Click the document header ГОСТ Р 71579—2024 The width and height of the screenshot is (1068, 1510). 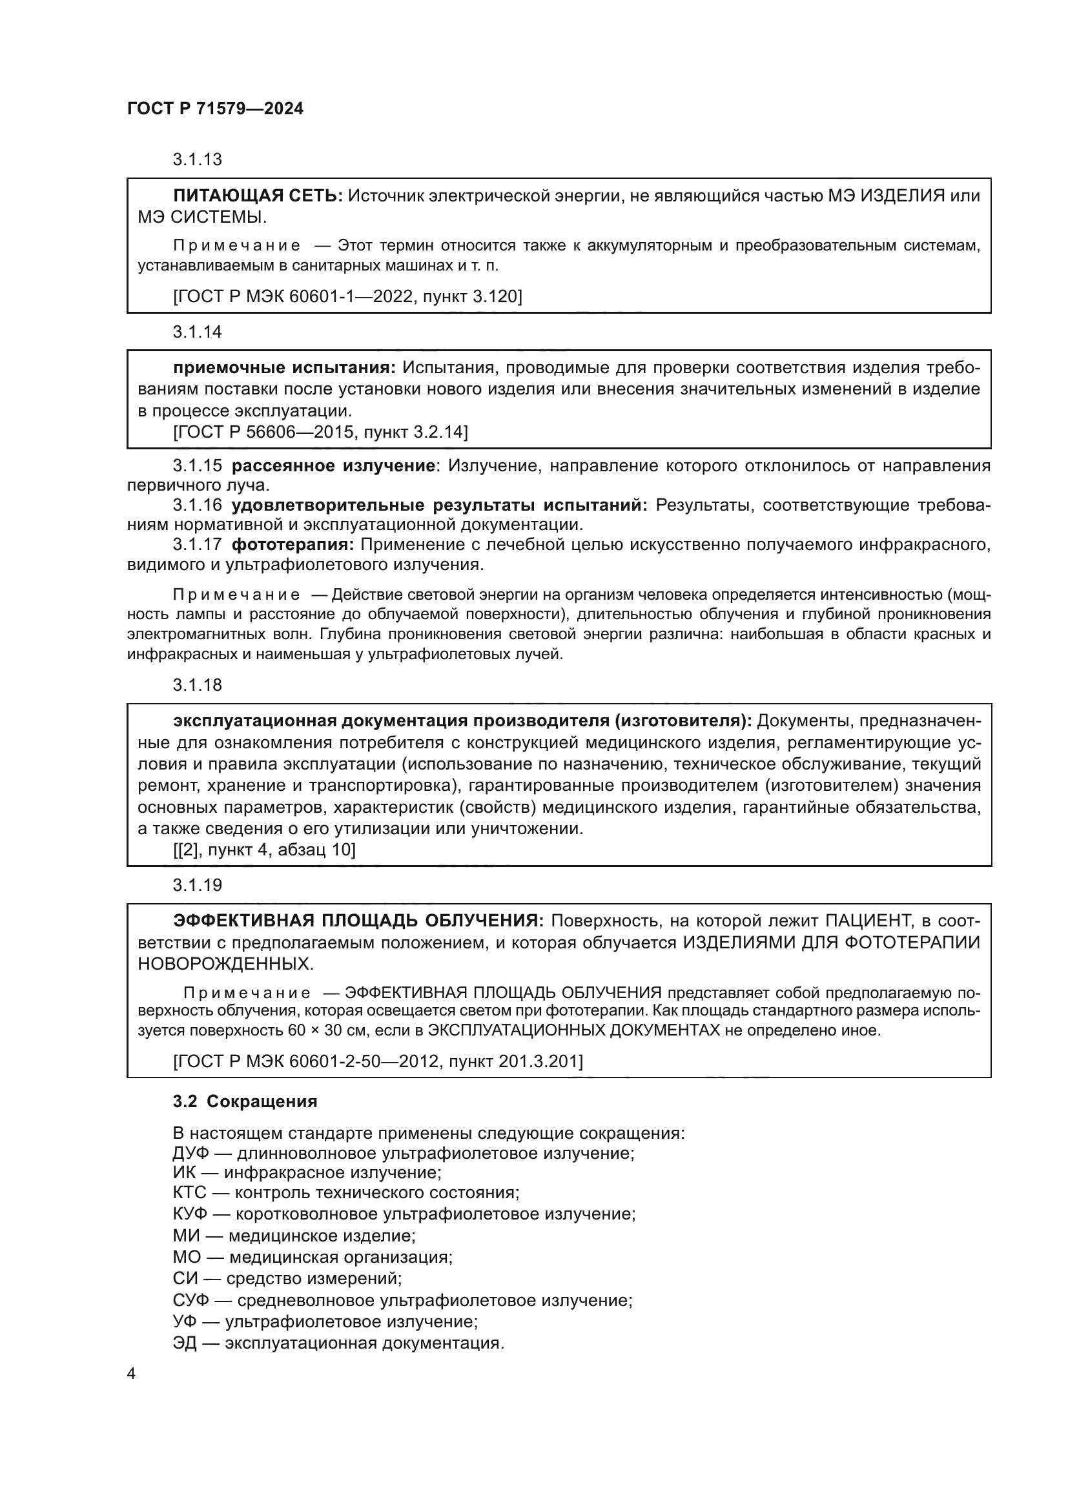215,108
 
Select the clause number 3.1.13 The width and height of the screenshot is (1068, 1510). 198,160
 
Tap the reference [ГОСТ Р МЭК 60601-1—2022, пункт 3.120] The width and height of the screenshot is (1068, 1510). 347,296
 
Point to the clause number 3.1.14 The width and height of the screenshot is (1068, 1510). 198,332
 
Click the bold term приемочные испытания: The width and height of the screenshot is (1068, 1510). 285,367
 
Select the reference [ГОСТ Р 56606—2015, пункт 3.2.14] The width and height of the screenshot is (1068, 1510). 320,432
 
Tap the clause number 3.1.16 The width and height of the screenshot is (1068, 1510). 198,505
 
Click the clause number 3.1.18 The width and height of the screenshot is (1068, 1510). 198,686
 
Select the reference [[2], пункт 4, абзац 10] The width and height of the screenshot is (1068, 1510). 264,850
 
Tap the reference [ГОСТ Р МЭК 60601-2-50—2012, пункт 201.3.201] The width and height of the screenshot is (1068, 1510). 378,1061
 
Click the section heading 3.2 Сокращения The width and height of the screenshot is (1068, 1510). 245,1101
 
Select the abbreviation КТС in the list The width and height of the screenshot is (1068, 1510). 189,1193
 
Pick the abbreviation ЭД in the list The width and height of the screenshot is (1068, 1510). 185,1343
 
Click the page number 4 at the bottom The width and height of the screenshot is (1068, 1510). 131,1374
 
